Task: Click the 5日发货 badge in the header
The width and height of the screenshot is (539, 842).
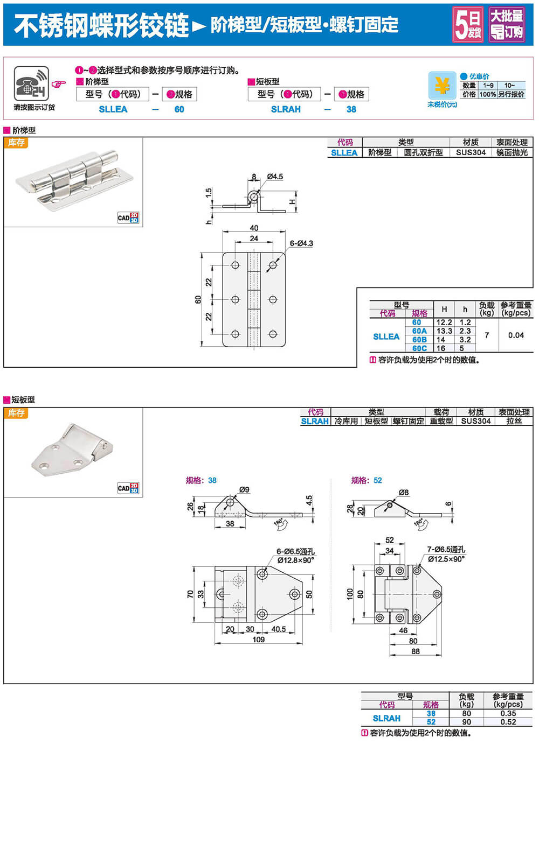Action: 468,25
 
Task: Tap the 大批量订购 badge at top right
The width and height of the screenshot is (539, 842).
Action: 507,25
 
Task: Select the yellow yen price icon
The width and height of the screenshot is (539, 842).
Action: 442,85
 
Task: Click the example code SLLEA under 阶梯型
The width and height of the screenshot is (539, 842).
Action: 113,109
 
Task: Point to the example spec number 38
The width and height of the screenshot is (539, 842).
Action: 351,109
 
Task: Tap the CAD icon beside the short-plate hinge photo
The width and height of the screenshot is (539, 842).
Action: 128,488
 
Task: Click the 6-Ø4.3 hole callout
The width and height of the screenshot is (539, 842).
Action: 301,243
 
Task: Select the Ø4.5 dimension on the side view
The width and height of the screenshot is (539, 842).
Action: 274,177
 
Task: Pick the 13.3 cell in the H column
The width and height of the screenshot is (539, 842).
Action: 444,331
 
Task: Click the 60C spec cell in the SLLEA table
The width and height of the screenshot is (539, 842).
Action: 419,348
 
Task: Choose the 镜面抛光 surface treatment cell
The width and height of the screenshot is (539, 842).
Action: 512,152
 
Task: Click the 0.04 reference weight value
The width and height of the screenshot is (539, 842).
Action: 516,335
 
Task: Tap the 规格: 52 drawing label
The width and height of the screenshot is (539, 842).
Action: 367,480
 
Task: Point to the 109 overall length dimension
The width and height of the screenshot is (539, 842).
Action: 259,640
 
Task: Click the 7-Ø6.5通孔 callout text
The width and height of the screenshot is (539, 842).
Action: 446,549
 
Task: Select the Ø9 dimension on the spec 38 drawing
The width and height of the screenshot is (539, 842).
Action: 244,489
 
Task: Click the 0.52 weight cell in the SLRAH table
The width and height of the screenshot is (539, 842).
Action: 508,722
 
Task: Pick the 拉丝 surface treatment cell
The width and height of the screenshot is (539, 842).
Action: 514,421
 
